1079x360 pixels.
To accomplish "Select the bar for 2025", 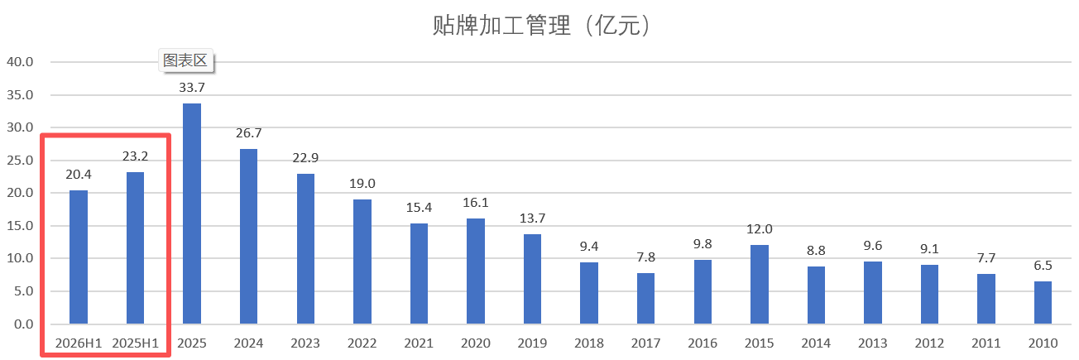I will [191, 214].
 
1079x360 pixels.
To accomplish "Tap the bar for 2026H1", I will [79, 257].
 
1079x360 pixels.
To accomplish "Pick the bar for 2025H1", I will [135, 247].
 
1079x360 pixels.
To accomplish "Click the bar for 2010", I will [1043, 302].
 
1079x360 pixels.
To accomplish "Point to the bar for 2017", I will [645, 298].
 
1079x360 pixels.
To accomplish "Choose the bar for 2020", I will [475, 271].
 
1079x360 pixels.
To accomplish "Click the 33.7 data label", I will [191, 87].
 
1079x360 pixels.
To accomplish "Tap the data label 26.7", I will [247, 132].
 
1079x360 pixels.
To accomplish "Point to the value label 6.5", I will [1043, 265].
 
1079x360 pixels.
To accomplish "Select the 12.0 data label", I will [759, 229].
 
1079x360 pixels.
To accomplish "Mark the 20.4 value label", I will [79, 174].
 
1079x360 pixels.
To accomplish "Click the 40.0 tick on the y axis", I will [20, 62].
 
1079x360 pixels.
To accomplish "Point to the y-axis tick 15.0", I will [20, 226].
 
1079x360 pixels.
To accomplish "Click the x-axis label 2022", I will [362, 343].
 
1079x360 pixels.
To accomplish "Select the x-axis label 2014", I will [815, 343].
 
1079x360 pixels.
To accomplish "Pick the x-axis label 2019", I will [531, 343].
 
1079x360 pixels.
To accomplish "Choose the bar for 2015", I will [759, 284].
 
